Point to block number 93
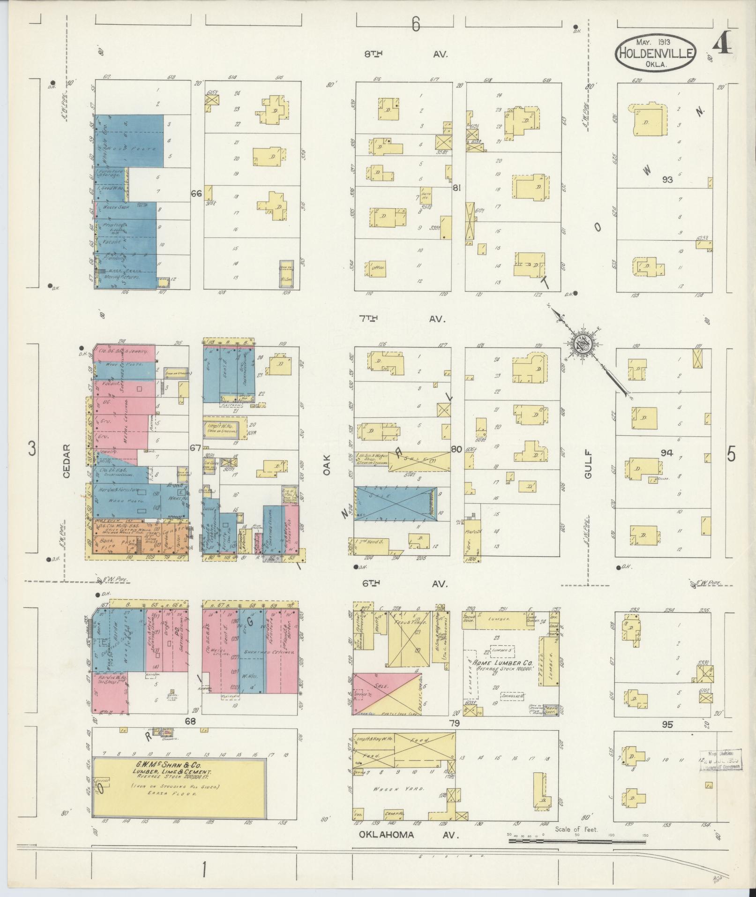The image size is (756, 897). pyautogui.click(x=667, y=180)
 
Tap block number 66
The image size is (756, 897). pyautogui.click(x=196, y=193)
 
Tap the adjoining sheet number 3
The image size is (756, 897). pyautogui.click(x=32, y=449)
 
